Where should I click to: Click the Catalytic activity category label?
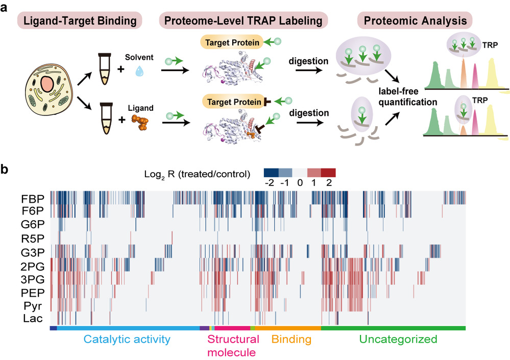tap(126, 339)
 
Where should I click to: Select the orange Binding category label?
tap(292, 339)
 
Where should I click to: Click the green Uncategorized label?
tap(398, 339)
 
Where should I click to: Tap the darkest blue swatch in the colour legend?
tap(271, 172)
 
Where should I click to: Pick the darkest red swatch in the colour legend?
tap(329, 172)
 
